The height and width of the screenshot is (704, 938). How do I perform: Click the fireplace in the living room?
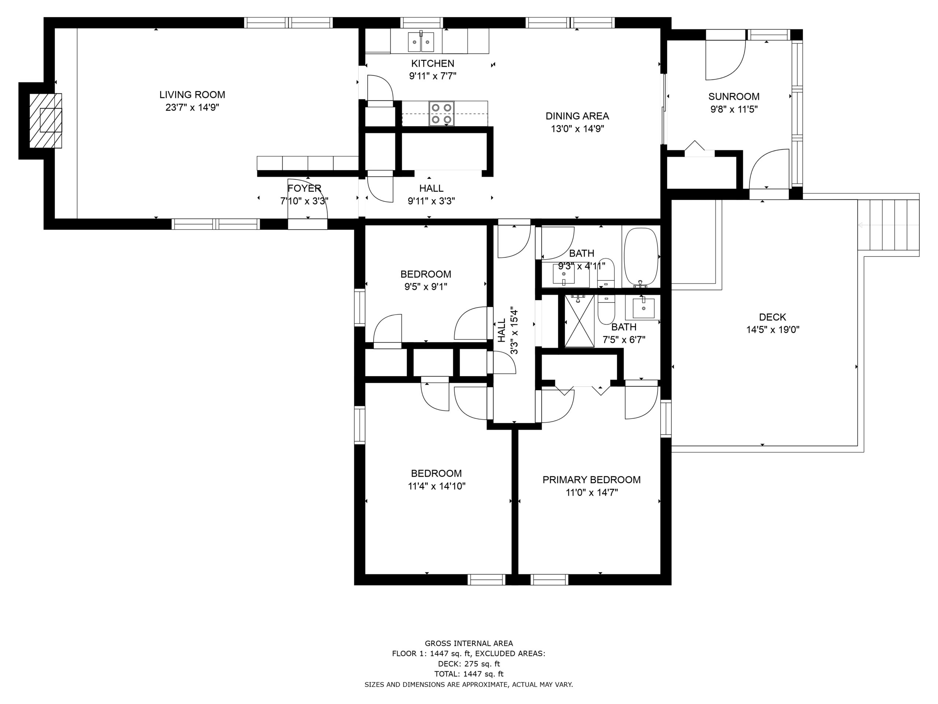(x=45, y=121)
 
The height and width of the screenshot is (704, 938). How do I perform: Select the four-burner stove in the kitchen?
(x=441, y=114)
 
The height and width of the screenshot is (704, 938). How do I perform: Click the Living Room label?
(x=192, y=95)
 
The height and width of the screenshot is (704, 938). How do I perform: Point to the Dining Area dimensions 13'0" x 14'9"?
(x=577, y=129)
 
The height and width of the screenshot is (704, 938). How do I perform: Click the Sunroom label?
(x=734, y=96)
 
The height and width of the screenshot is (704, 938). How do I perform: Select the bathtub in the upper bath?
(x=641, y=257)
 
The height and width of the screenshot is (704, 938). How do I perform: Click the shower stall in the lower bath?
(x=579, y=321)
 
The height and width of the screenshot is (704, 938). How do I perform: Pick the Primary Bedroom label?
(x=591, y=480)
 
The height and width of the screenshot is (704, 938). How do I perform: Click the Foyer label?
(x=304, y=188)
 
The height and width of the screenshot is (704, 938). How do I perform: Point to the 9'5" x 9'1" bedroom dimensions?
(x=426, y=287)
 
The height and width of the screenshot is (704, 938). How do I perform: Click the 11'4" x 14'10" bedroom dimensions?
(x=437, y=486)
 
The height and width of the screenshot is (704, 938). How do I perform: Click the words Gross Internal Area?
(x=469, y=643)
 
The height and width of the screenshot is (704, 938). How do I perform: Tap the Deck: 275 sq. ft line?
(x=469, y=664)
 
